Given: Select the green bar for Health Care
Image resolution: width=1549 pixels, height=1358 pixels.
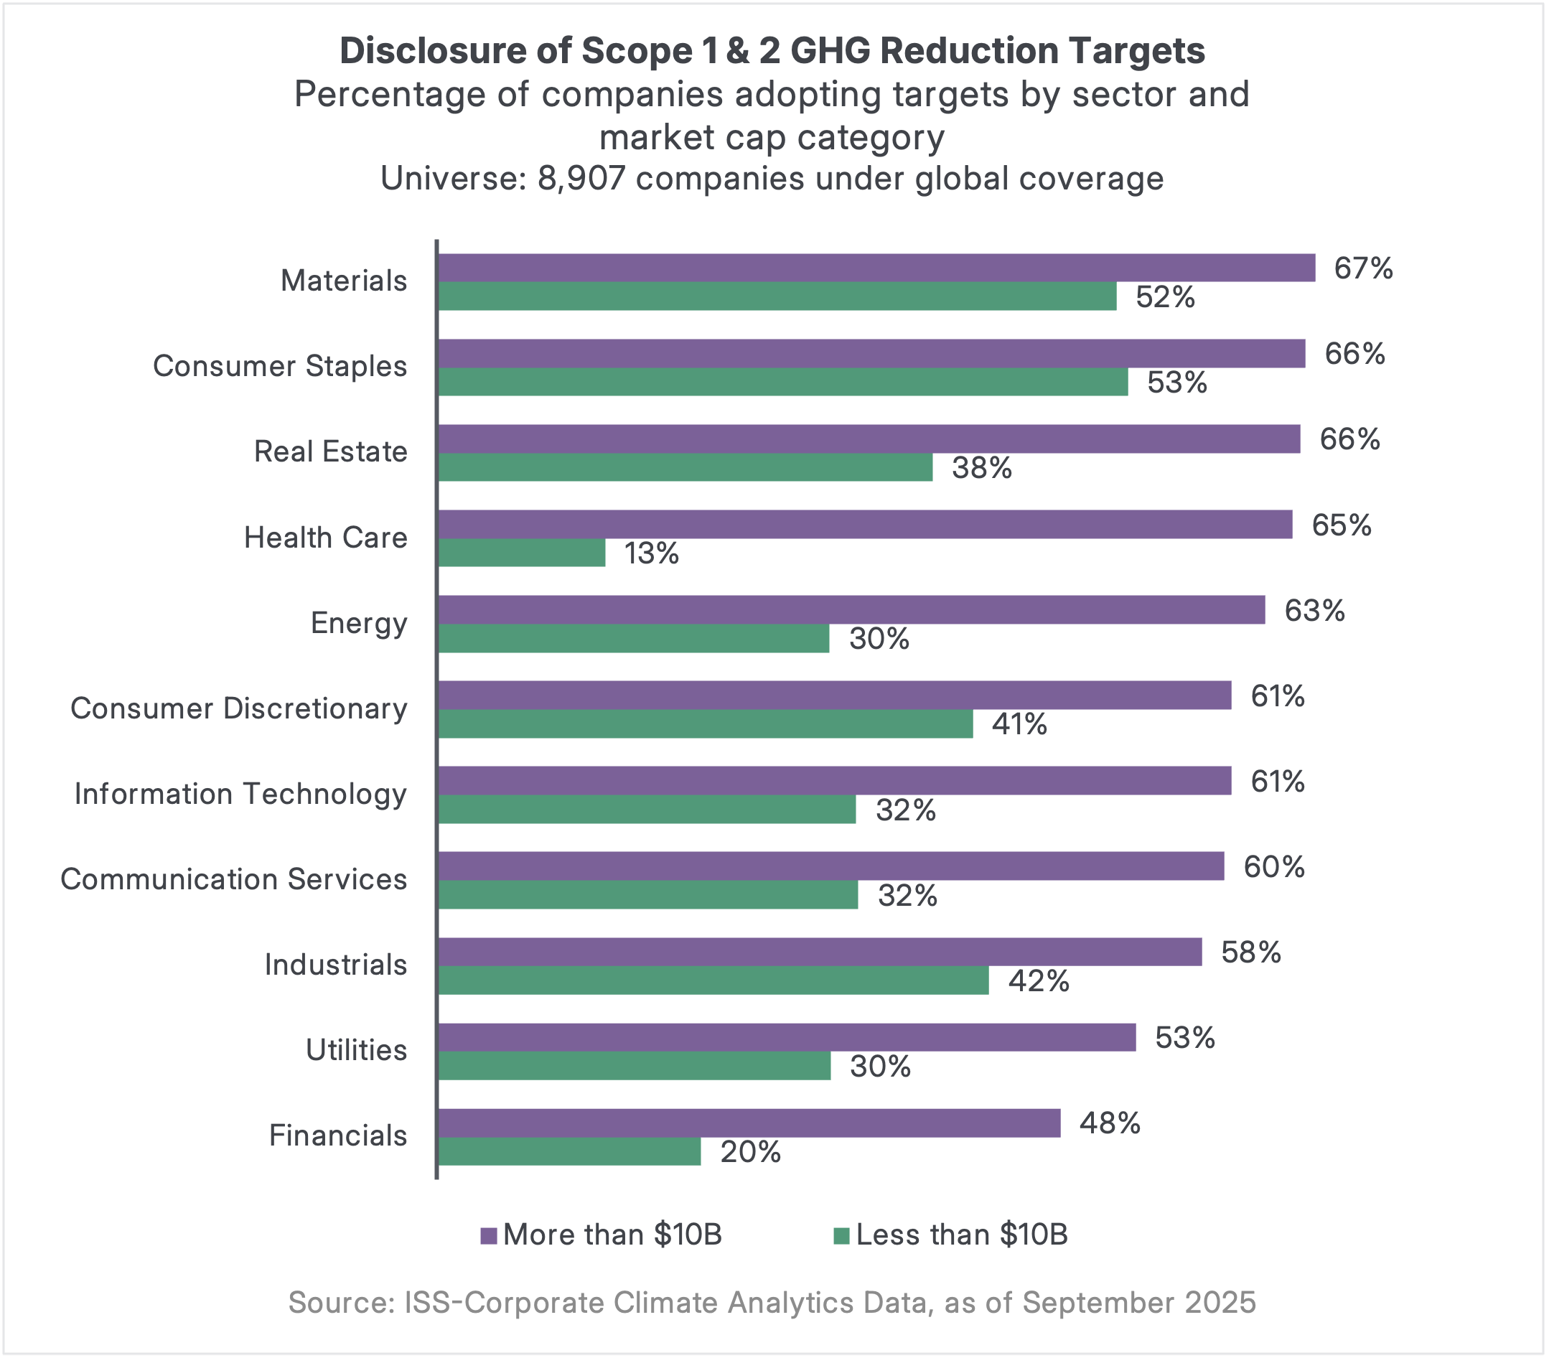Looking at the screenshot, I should tap(522, 553).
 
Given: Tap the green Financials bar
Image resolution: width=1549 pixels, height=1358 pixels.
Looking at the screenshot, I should tap(570, 1152).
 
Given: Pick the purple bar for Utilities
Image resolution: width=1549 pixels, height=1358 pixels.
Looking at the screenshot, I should tap(787, 1037).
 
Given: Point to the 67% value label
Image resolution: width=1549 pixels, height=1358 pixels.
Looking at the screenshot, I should tap(1363, 268).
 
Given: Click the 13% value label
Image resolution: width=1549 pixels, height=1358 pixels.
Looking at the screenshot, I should tap(651, 554).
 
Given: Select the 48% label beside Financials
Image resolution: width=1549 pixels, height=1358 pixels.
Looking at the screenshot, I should tap(1110, 1123).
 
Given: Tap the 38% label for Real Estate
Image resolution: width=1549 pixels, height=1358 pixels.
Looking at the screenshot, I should tap(981, 468).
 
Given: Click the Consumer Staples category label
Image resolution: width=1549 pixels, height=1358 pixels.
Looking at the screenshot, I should tap(280, 366).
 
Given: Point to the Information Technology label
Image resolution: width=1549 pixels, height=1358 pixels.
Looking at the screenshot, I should tap(240, 794).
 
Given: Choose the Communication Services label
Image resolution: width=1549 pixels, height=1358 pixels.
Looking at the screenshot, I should tap(233, 879).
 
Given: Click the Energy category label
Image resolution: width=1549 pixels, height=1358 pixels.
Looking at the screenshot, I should tap(358, 623).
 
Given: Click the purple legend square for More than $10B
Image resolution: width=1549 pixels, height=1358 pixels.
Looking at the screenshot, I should tap(489, 1236).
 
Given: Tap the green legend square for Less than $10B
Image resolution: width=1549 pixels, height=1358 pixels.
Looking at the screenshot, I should tap(841, 1236).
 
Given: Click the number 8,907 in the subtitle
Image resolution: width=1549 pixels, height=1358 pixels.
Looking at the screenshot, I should tap(581, 179).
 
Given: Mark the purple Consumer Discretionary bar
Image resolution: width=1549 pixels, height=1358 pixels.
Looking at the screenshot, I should tap(834, 696).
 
